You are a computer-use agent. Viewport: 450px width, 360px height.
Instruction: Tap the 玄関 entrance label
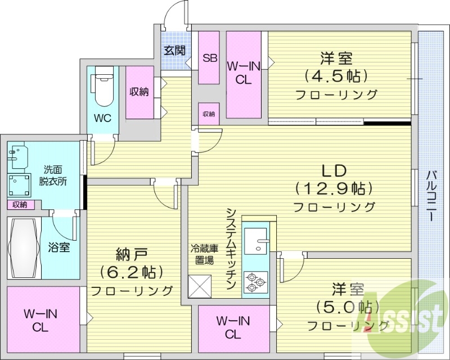pos(175,50)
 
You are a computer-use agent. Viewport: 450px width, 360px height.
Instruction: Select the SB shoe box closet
pos(209,57)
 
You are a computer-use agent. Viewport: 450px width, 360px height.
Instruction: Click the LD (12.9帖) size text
pos(334,188)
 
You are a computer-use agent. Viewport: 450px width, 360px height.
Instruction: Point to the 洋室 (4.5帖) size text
pos(336,75)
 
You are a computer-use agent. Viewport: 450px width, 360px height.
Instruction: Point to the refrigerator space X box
pos(200,285)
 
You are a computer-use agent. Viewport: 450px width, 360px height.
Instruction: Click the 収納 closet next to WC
pos(139,92)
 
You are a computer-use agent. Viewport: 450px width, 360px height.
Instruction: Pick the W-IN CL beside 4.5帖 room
pos(243,73)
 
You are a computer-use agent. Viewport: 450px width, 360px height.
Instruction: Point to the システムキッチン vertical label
pos(232,247)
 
